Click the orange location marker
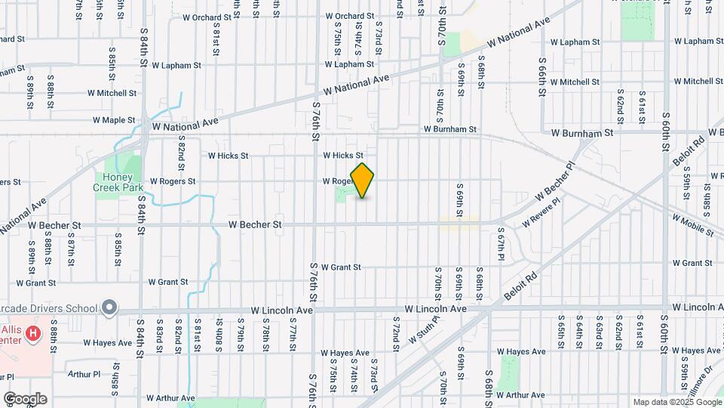click(x=363, y=181)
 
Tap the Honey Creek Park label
click(x=112, y=182)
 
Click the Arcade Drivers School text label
click(x=49, y=308)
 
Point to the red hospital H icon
click(x=32, y=332)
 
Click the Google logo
click(x=25, y=398)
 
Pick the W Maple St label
click(x=114, y=120)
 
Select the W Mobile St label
click(x=689, y=223)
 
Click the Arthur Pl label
click(x=83, y=374)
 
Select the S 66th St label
click(x=541, y=79)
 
